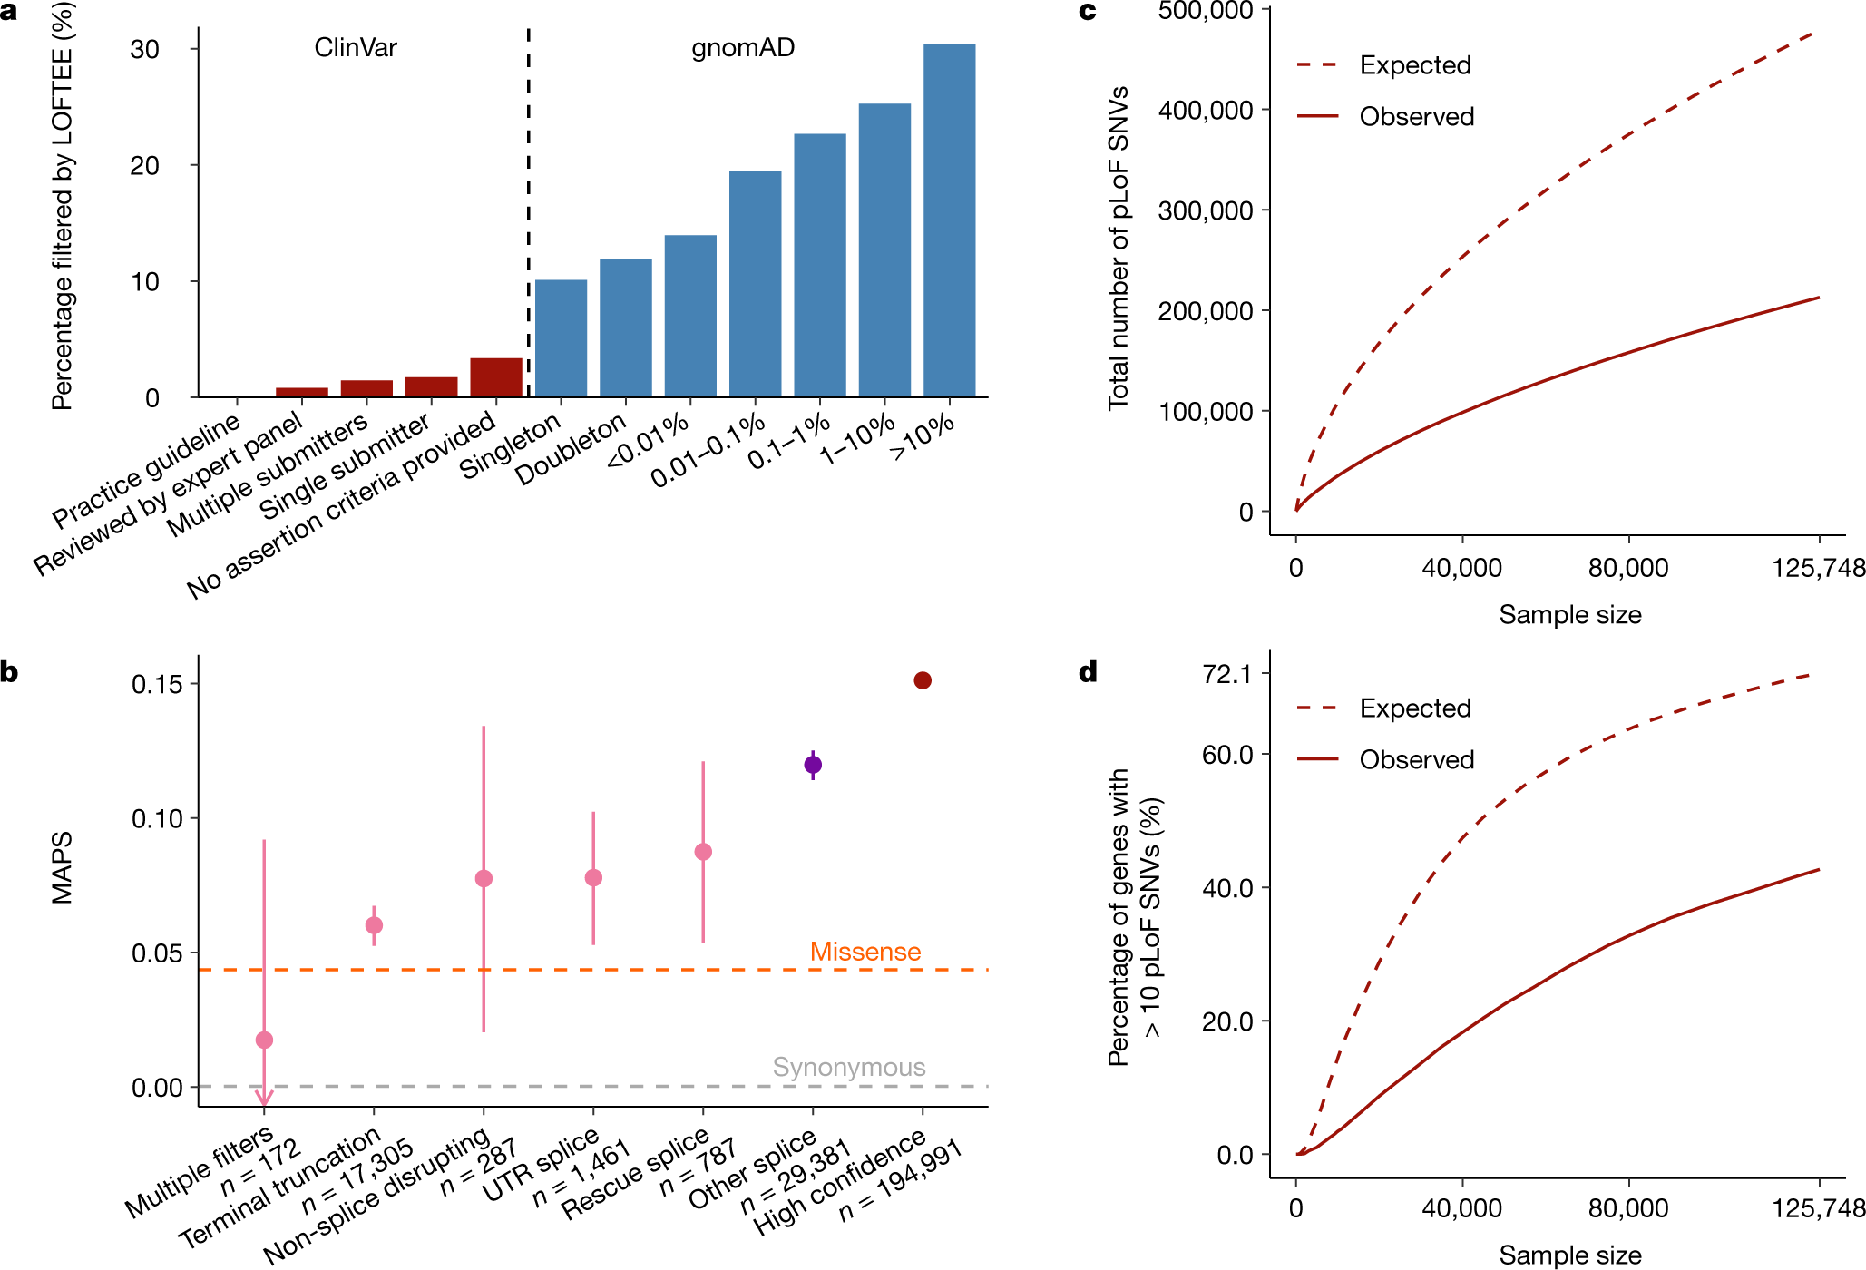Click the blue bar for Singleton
click(x=561, y=338)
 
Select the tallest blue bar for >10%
click(x=949, y=220)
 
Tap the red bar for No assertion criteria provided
click(x=496, y=377)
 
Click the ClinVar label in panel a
click(x=355, y=47)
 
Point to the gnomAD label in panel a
click(x=742, y=47)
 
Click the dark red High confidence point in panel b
click(x=923, y=680)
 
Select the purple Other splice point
click(x=813, y=765)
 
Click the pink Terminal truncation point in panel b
click(x=374, y=925)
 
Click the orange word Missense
click(x=865, y=952)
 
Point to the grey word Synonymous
click(x=848, y=1067)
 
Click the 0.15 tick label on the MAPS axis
click(x=157, y=684)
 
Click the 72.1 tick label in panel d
click(x=1226, y=674)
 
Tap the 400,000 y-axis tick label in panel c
click(x=1206, y=111)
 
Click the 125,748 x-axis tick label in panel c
click(x=1818, y=569)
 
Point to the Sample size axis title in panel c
click(x=1569, y=615)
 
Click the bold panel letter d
click(x=1088, y=672)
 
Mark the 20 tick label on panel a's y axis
click(x=144, y=166)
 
